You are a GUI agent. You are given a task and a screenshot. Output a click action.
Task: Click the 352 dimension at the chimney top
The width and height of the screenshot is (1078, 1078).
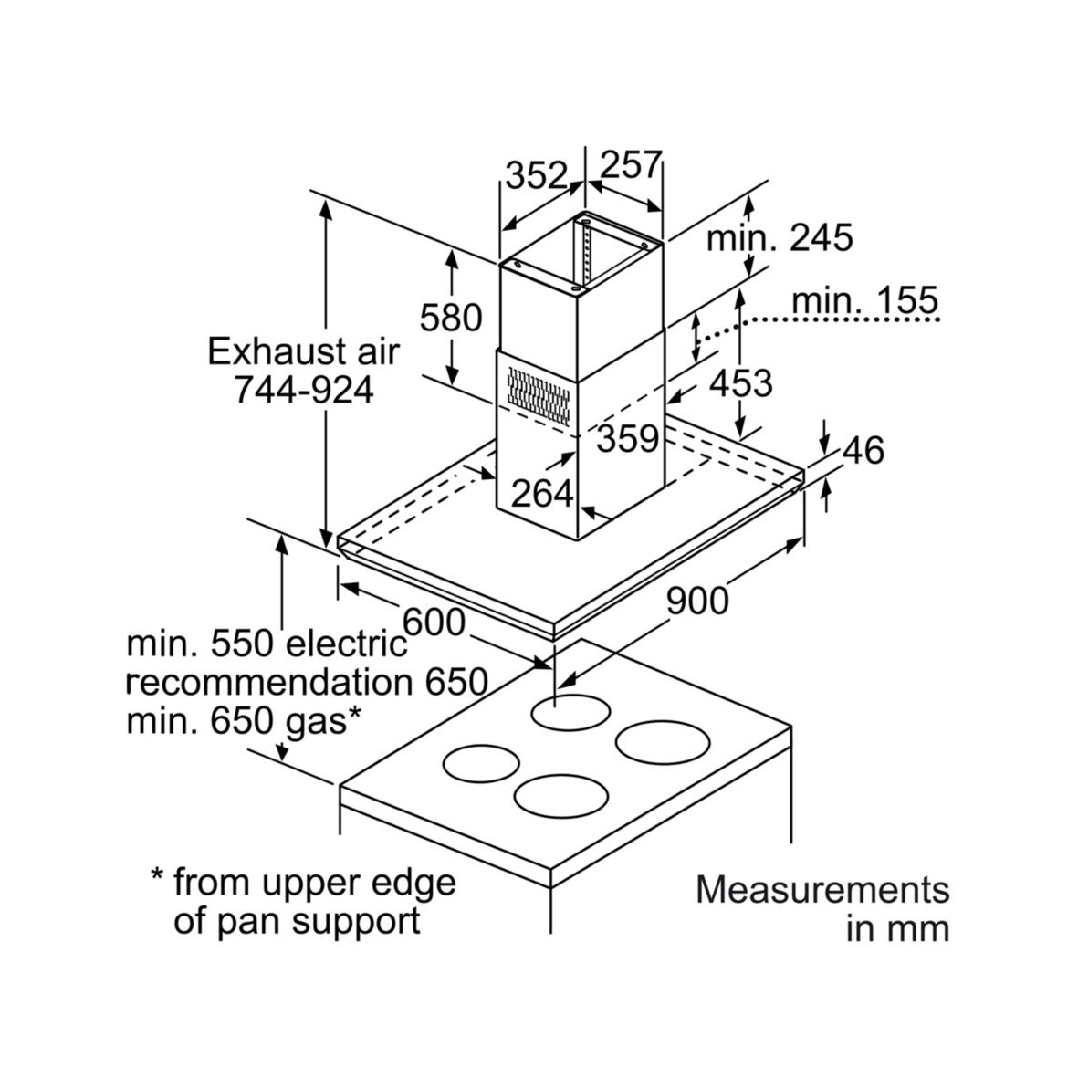(537, 174)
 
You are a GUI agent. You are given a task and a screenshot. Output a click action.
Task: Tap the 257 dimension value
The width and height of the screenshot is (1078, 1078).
(630, 165)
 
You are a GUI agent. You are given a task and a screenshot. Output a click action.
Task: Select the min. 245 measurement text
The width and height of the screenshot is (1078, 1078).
(780, 238)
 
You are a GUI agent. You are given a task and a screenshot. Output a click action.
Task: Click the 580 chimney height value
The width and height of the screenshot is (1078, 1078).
(450, 318)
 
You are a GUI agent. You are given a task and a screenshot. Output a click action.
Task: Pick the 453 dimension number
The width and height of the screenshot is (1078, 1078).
(740, 384)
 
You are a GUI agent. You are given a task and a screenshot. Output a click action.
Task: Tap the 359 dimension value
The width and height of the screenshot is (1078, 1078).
(628, 439)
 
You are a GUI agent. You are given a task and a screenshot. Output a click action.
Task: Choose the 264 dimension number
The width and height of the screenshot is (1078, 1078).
(542, 494)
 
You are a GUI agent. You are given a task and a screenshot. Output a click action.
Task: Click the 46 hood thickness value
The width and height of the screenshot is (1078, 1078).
(863, 450)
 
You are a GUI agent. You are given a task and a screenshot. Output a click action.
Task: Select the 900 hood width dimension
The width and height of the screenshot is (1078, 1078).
(697, 601)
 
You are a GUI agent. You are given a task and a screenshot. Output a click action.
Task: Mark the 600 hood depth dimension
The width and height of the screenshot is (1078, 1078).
(434, 623)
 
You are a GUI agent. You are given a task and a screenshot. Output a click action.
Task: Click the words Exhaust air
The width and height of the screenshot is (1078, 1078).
(304, 351)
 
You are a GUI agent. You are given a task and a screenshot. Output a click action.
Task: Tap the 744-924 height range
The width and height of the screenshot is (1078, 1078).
(304, 391)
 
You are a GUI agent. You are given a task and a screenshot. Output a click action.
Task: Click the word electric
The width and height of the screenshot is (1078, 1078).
(347, 644)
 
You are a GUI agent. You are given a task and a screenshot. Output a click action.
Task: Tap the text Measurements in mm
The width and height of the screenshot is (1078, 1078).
(822, 908)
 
